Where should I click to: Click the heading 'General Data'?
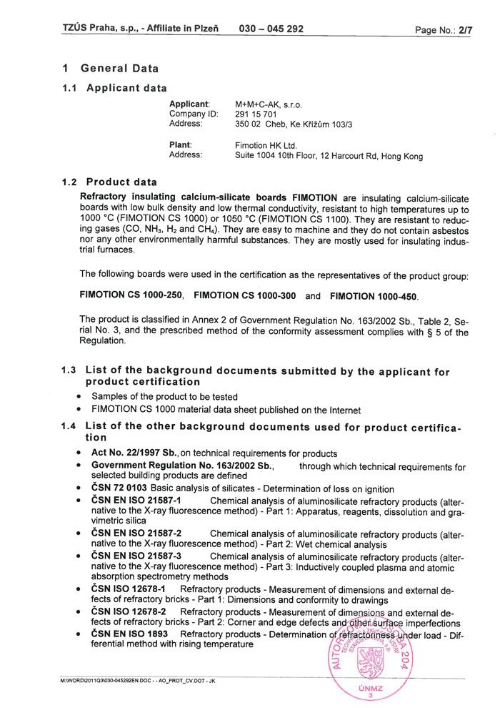pyautogui.click(x=119, y=69)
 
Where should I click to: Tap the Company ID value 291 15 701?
pyautogui.click(x=256, y=114)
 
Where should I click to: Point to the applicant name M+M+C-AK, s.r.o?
pyautogui.click(x=264, y=104)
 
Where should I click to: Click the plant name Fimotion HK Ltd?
pyautogui.click(x=266, y=145)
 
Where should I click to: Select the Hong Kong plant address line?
pyautogui.click(x=329, y=156)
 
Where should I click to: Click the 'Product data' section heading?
pyautogui.click(x=121, y=182)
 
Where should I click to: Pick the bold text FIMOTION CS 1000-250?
pyautogui.click(x=132, y=295)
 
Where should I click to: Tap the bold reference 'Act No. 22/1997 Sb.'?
pyautogui.click(x=135, y=453)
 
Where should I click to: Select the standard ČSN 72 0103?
pyautogui.click(x=119, y=489)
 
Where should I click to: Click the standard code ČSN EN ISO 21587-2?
pyautogui.click(x=136, y=534)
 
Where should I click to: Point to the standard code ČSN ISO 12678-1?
pyautogui.click(x=129, y=589)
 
